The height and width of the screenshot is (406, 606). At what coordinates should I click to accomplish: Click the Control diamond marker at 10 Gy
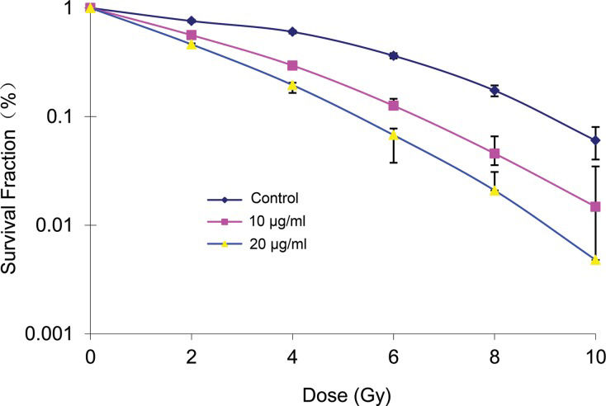pos(595,140)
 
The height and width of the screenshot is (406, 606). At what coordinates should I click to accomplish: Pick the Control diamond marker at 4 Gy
pos(292,31)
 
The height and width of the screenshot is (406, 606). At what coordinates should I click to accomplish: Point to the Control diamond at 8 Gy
pos(495,91)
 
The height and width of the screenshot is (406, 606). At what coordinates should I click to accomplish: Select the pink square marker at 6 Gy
pos(394,106)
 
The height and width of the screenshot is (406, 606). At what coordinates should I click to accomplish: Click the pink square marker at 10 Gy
pos(595,206)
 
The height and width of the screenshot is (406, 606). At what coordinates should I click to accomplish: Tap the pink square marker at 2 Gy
pos(192,35)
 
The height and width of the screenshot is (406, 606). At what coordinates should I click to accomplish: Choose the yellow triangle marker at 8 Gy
pos(495,190)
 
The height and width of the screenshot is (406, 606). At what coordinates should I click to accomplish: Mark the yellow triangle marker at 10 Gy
pos(595,259)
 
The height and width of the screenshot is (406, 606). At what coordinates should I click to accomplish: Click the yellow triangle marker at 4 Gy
pos(292,85)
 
